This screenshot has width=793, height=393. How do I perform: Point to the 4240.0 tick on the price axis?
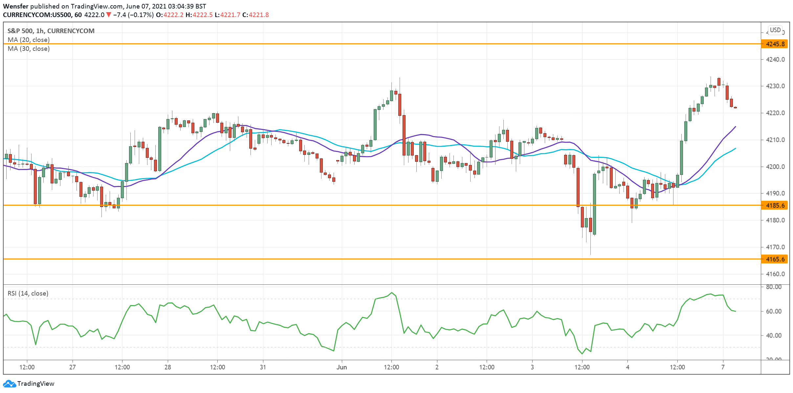click(x=775, y=59)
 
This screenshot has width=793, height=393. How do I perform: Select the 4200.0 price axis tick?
click(x=775, y=167)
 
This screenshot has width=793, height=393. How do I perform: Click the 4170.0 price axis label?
click(x=775, y=247)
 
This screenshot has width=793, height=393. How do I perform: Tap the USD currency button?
click(x=775, y=30)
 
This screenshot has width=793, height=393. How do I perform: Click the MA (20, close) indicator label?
click(x=29, y=40)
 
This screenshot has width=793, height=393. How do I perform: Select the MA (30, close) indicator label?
click(x=29, y=49)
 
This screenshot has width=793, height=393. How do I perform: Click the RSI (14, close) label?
click(x=28, y=293)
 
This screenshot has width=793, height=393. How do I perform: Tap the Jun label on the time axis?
click(x=341, y=367)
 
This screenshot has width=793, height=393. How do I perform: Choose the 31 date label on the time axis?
click(x=263, y=367)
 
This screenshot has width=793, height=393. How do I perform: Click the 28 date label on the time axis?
click(x=167, y=367)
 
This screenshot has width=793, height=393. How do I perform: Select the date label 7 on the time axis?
click(x=723, y=367)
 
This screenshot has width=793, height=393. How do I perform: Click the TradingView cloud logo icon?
click(x=9, y=383)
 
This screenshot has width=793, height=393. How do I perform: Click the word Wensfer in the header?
click(x=15, y=6)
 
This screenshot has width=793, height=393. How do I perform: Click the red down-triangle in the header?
click(x=109, y=15)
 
